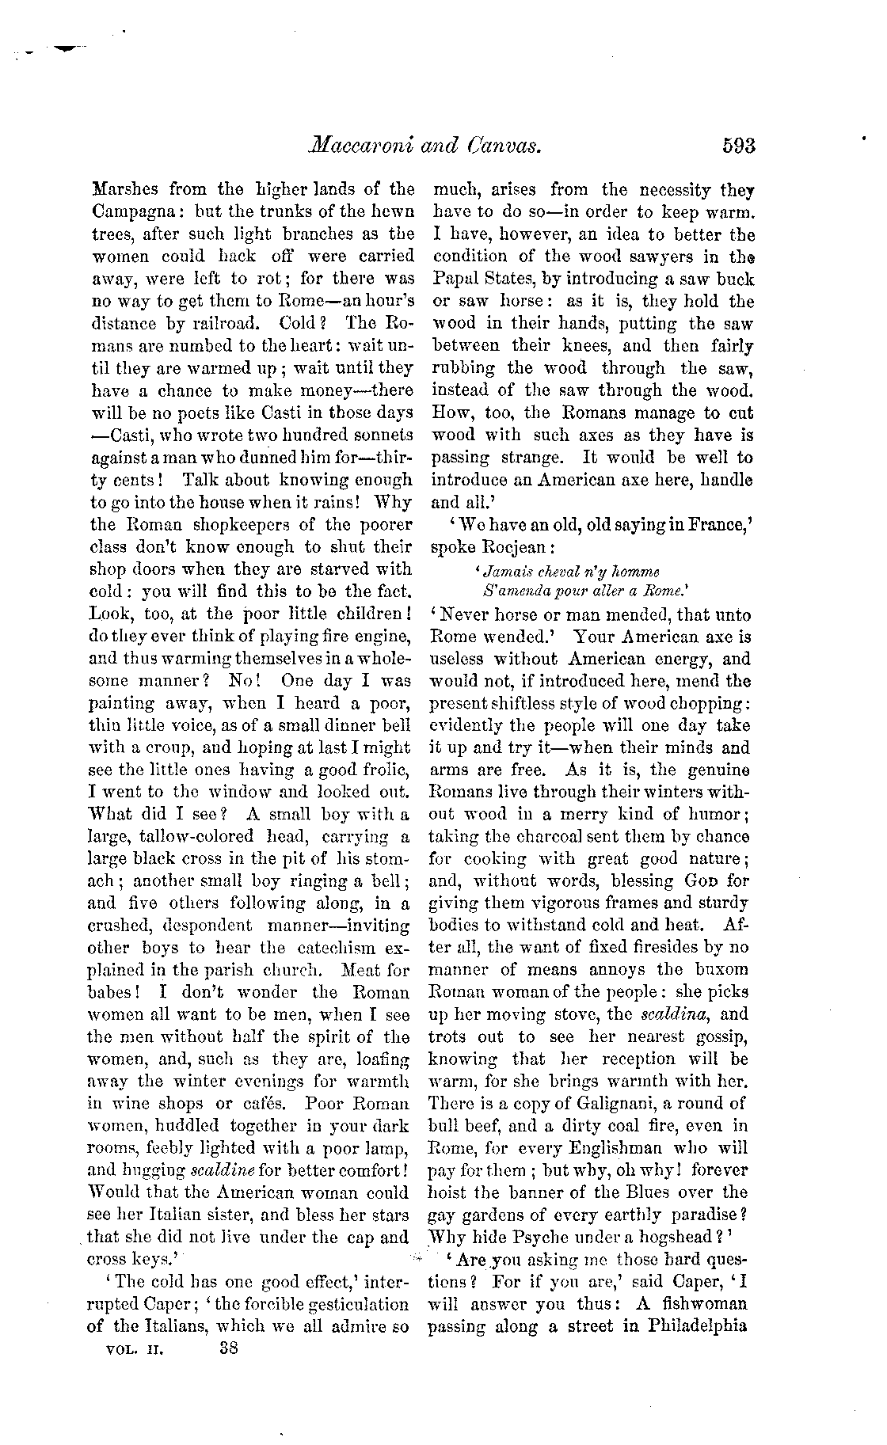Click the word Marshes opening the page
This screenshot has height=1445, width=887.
pos(131,190)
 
